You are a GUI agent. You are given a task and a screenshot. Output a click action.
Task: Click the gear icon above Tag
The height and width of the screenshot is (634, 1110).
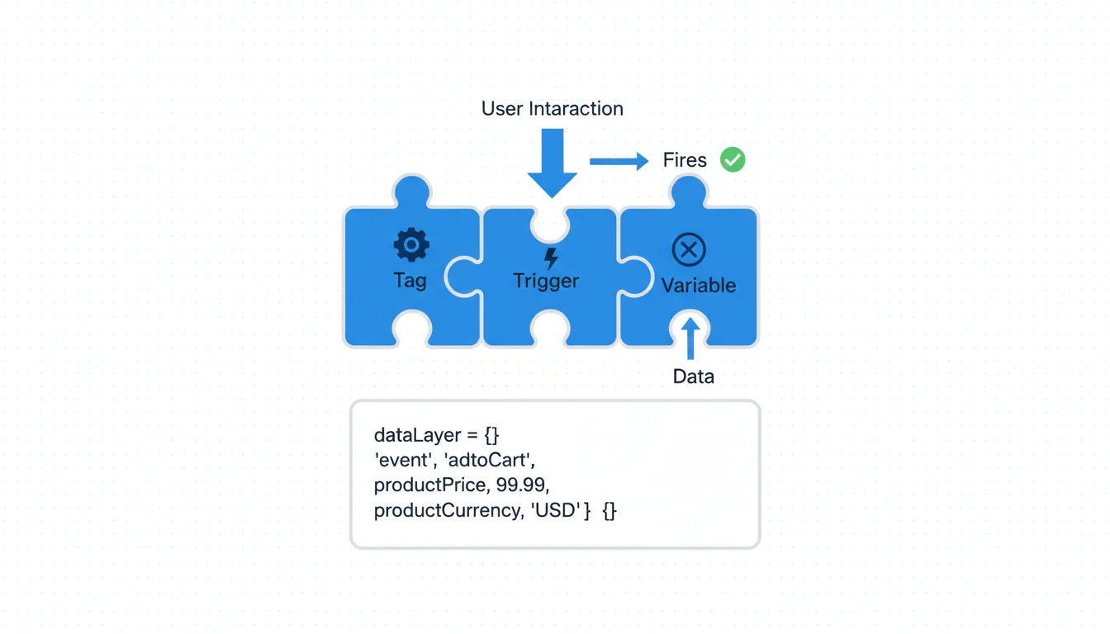(411, 245)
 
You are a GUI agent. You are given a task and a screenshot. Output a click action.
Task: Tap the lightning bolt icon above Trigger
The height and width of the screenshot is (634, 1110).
(551, 258)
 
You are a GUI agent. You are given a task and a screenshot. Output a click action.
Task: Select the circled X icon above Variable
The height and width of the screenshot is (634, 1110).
(689, 249)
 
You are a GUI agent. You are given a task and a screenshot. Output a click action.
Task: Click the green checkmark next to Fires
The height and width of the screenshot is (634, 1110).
(733, 159)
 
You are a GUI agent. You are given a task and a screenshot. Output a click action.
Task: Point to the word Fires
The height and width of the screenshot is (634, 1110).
(685, 160)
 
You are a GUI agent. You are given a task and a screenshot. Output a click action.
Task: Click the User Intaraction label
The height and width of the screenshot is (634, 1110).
(552, 108)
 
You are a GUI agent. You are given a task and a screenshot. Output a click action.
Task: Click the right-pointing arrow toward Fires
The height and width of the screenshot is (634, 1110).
(619, 161)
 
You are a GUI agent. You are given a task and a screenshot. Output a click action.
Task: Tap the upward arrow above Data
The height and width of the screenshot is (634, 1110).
(690, 338)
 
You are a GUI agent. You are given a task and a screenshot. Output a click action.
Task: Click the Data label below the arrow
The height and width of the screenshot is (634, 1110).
(693, 376)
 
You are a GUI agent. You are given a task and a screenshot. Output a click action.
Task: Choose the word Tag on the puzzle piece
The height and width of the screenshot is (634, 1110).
(410, 280)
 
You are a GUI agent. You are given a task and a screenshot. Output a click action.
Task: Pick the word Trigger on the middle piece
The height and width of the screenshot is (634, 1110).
(546, 281)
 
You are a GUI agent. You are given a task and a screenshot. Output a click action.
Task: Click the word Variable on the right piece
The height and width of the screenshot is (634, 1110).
(698, 286)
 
